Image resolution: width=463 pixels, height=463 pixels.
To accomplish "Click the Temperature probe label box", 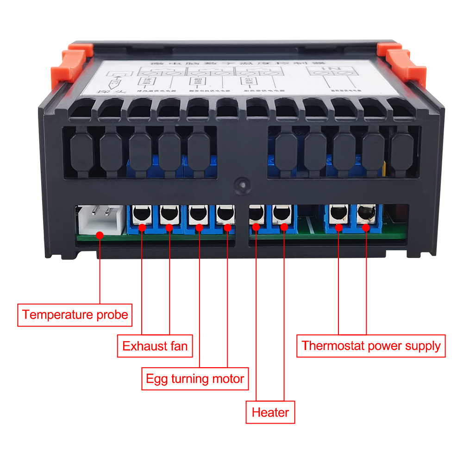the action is pyautogui.click(x=75, y=315).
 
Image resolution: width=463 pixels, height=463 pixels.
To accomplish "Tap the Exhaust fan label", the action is pyautogui.click(x=155, y=346).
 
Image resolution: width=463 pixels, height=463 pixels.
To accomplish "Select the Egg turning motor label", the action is pyautogui.click(x=195, y=379).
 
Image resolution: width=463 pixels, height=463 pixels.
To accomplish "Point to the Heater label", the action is pyautogui.click(x=270, y=412).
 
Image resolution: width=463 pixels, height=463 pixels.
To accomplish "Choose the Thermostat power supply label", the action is pyautogui.click(x=371, y=346).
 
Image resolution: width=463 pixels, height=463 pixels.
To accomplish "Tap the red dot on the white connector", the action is pyautogui.click(x=100, y=235).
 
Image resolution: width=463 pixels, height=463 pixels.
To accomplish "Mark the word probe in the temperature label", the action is pyautogui.click(x=111, y=315).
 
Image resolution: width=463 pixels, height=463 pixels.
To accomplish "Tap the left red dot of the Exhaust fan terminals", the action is pyautogui.click(x=142, y=228).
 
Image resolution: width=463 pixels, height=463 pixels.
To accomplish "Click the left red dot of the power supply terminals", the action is pyautogui.click(x=339, y=227).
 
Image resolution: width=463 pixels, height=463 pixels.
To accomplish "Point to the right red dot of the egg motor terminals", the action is pyautogui.click(x=227, y=227).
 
